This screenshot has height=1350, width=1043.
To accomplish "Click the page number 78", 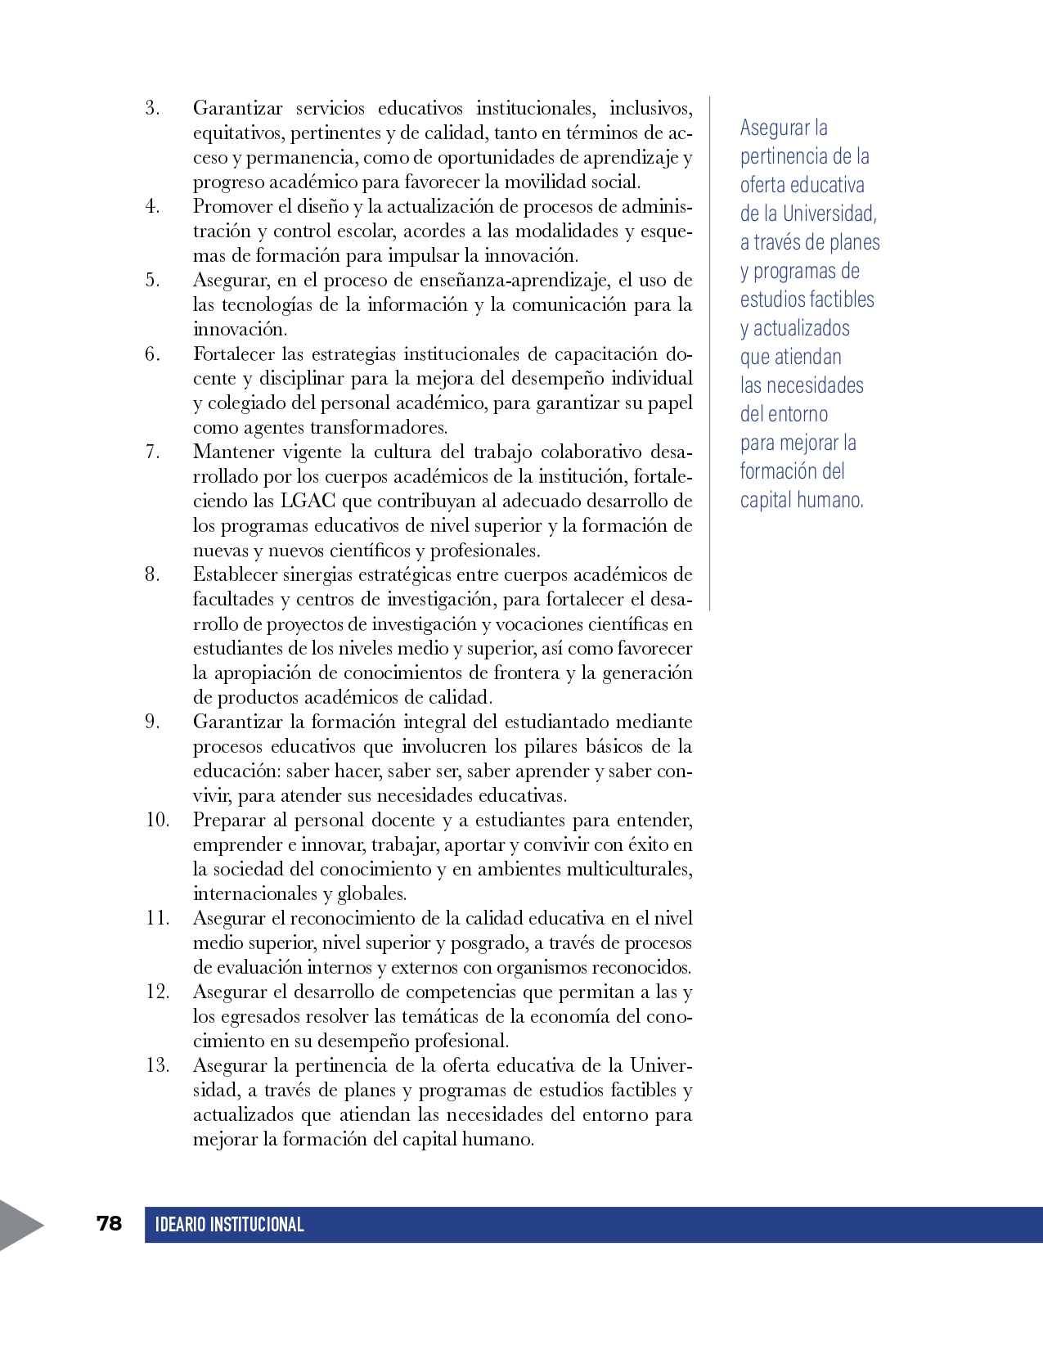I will [109, 1223].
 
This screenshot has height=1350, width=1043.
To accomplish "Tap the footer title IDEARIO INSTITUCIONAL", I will [229, 1225].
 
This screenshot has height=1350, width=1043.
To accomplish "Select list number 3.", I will [152, 108].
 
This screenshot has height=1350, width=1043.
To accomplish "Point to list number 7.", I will [152, 452].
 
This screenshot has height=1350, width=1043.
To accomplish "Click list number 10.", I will [157, 820].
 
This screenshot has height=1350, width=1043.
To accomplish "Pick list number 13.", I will [157, 1065].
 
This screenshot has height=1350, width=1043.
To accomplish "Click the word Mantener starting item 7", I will [233, 452].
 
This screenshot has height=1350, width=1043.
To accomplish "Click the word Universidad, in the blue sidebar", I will [829, 214].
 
